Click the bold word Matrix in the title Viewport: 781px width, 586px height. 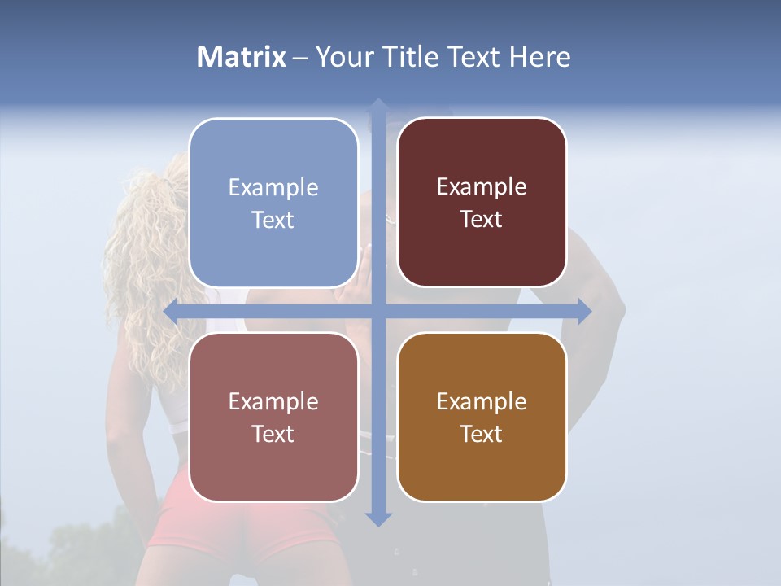242,57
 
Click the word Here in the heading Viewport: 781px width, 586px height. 539,57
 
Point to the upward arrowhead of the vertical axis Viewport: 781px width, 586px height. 378,106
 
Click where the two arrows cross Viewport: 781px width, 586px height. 378,311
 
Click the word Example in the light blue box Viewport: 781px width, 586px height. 273,188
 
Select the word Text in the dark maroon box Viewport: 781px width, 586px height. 482,220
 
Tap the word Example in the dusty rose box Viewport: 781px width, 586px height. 273,401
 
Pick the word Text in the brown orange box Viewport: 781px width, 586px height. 482,434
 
